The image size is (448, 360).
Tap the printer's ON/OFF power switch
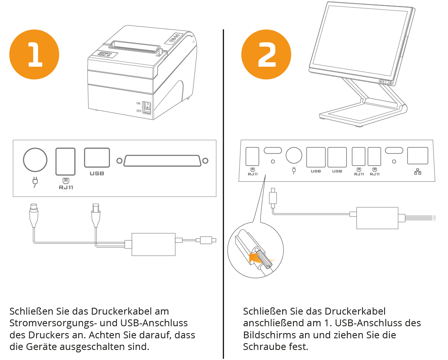click(x=147, y=107)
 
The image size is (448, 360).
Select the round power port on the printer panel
click(x=35, y=160)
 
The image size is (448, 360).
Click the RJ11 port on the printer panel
click(x=65, y=161)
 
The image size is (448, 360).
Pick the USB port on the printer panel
click(x=97, y=157)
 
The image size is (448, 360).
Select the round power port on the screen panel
click(x=293, y=155)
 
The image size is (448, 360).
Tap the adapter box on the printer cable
click(x=154, y=244)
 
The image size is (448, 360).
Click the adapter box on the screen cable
click(x=377, y=218)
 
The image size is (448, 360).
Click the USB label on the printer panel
click(x=97, y=174)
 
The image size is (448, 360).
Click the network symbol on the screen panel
click(x=417, y=172)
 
